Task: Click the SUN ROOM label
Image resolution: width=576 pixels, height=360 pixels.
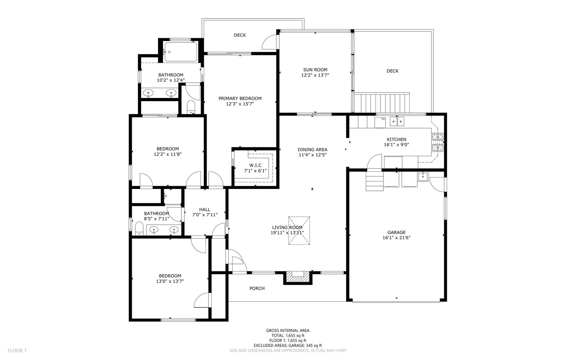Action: click(x=315, y=70)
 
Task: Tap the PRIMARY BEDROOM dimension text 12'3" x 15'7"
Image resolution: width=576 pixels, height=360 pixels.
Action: click(x=240, y=104)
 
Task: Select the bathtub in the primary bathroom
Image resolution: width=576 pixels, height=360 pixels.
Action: click(x=181, y=52)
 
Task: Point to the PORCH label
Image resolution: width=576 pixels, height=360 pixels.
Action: click(x=257, y=288)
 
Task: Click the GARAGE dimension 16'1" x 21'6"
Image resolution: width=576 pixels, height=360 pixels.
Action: click(x=396, y=238)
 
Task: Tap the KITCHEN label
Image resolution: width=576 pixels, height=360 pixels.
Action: click(x=396, y=139)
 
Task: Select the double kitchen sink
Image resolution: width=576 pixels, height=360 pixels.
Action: click(x=397, y=121)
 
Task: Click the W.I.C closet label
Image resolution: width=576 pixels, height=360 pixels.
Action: click(x=255, y=165)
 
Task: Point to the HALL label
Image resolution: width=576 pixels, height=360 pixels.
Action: click(x=205, y=210)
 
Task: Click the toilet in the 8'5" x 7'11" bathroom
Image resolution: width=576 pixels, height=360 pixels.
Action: click(x=139, y=228)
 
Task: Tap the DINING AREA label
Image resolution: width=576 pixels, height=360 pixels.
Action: click(x=312, y=149)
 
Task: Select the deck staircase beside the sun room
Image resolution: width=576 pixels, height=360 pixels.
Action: click(x=381, y=103)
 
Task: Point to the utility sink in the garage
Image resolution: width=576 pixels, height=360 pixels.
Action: click(x=423, y=177)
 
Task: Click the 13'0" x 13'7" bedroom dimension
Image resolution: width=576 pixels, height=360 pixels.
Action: click(x=170, y=281)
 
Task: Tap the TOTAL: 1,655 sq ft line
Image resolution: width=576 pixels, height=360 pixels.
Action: click(x=288, y=336)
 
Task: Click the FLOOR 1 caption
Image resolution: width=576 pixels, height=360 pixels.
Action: click(x=17, y=351)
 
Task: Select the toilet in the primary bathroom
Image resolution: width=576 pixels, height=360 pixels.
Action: click(x=191, y=107)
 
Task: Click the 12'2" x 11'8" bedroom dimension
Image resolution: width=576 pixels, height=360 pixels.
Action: click(x=168, y=154)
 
